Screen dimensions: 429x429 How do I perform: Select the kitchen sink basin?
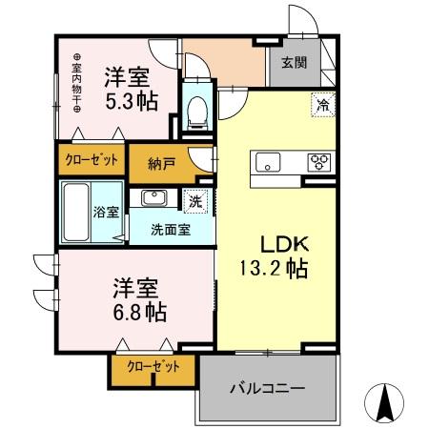pos(265,160)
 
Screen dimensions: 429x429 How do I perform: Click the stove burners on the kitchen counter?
pos(318,161)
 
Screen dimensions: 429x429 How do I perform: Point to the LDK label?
pos(273,243)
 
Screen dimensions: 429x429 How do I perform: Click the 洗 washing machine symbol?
pos(194,201)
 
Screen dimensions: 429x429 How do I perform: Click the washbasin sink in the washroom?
pos(153,198)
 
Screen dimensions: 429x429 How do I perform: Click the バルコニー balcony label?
pos(268,388)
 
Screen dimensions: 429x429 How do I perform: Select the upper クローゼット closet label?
pos(92,159)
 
